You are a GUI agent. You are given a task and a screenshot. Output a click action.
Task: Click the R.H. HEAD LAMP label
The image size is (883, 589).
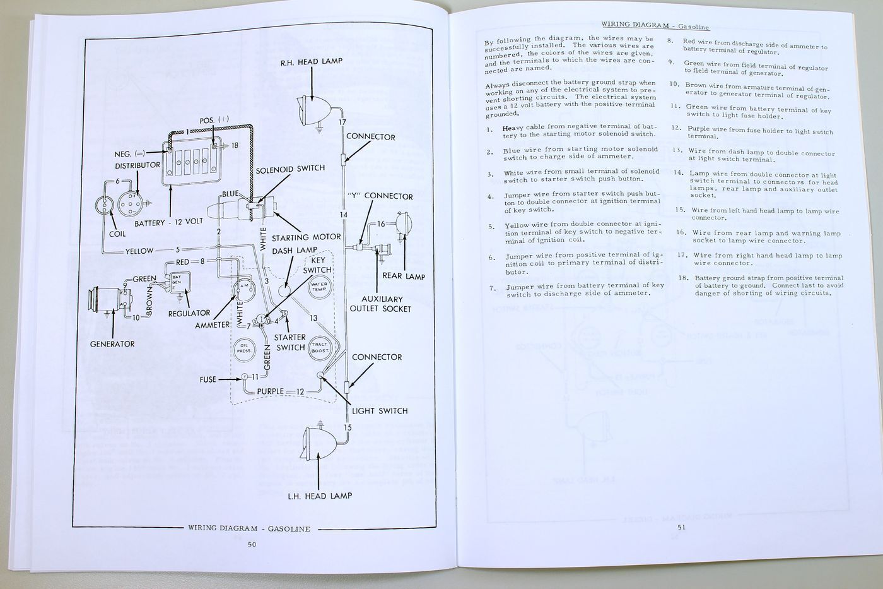point(312,62)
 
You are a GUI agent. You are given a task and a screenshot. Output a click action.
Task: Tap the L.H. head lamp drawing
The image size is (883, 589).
point(319,443)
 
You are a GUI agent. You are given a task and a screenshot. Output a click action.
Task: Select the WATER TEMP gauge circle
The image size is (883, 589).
point(319,287)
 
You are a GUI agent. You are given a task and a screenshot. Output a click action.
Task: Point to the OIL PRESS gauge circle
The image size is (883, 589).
point(245,348)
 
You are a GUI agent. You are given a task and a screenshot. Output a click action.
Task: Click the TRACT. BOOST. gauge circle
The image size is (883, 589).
point(319,348)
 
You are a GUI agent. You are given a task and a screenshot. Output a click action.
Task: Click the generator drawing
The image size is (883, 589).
point(110,299)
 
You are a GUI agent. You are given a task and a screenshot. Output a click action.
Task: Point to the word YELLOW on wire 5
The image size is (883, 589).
point(139,251)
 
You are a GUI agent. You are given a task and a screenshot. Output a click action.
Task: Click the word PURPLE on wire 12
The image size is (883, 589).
point(271,391)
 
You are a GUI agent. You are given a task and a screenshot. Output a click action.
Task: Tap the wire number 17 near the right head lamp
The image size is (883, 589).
point(342,122)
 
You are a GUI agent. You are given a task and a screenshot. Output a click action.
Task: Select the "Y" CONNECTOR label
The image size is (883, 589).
point(380,196)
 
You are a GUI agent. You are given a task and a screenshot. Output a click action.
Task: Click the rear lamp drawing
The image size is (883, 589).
point(404,223)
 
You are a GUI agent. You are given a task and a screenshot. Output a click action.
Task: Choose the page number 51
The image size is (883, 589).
point(681,527)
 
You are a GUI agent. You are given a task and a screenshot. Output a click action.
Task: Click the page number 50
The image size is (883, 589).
point(252,544)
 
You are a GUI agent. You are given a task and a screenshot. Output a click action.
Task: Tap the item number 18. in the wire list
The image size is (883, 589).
point(683,278)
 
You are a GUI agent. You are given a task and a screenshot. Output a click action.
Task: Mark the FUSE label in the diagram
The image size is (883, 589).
point(208,379)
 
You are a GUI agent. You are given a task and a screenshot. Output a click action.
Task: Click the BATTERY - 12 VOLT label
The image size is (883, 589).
point(169,222)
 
